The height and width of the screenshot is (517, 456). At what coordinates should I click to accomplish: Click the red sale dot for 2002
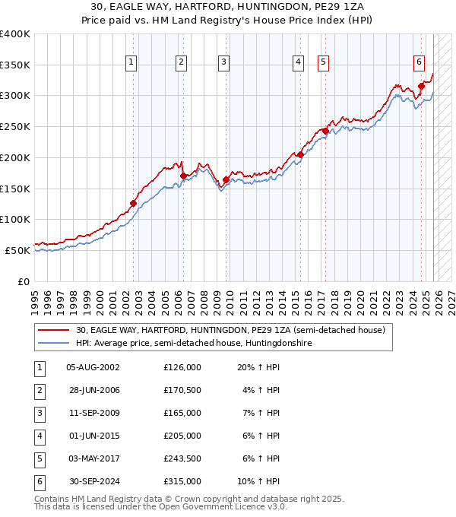click(x=133, y=203)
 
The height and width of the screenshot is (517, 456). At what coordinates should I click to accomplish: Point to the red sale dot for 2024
click(x=421, y=86)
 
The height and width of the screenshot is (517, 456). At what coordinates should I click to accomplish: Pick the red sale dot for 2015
click(x=301, y=155)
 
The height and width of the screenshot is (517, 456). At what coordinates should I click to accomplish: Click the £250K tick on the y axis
click(x=15, y=126)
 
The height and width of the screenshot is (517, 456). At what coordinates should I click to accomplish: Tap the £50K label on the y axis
click(x=17, y=250)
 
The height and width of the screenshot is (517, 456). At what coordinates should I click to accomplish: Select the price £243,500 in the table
click(x=182, y=458)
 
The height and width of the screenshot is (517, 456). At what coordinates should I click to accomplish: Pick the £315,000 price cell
click(x=182, y=481)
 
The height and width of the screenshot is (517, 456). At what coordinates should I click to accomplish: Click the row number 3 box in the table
click(x=39, y=413)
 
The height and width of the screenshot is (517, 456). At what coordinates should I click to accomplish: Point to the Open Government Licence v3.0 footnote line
click(x=160, y=507)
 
